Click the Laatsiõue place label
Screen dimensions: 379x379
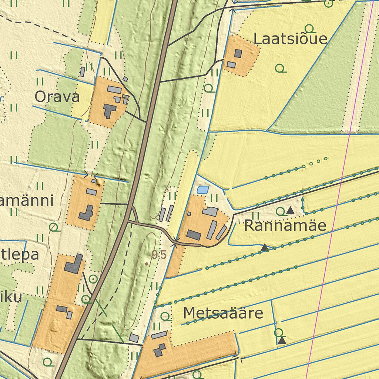[291, 38]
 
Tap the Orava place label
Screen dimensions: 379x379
[57, 97]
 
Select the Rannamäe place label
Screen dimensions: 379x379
[285, 225]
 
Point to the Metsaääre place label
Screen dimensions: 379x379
[223, 313]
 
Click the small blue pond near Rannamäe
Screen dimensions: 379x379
[202, 190]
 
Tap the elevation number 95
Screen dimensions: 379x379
[158, 255]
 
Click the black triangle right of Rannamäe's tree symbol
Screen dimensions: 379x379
[290, 211]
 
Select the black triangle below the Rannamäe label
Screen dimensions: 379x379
[264, 248]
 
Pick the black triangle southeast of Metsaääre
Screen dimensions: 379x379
[282, 341]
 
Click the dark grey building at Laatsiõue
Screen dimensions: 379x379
[238, 53]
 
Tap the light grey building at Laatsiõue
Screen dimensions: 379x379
[231, 65]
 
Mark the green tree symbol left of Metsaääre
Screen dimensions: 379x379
[165, 316]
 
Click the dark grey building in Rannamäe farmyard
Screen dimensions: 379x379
[194, 235]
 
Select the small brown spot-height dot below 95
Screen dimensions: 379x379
[147, 264]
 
